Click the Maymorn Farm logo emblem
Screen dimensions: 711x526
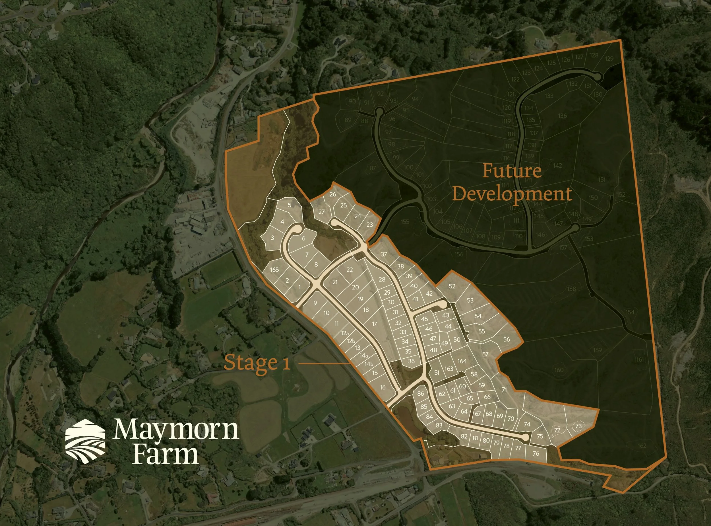pyautogui.click(x=85, y=440)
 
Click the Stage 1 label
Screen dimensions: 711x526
pyautogui.click(x=257, y=363)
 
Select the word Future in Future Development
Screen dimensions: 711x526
pyautogui.click(x=512, y=171)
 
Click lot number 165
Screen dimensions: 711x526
pyautogui.click(x=274, y=270)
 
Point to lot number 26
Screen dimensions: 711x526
pyautogui.click(x=333, y=194)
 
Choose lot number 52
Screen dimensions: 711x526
pyautogui.click(x=452, y=286)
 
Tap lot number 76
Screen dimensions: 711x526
pyautogui.click(x=536, y=453)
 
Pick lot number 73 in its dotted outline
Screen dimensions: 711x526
pyautogui.click(x=578, y=426)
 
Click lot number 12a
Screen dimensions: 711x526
pyautogui.click(x=345, y=333)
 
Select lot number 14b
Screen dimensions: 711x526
pyautogui.click(x=369, y=364)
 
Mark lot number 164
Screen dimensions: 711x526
pyautogui.click(x=462, y=361)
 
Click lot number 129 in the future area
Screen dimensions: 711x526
pyautogui.click(x=609, y=59)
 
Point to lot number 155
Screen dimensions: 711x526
pyautogui.click(x=405, y=222)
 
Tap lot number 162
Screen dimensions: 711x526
pyautogui.click(x=642, y=445)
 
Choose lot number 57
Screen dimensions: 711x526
pyautogui.click(x=485, y=354)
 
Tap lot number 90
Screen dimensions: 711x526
pyautogui.click(x=352, y=101)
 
